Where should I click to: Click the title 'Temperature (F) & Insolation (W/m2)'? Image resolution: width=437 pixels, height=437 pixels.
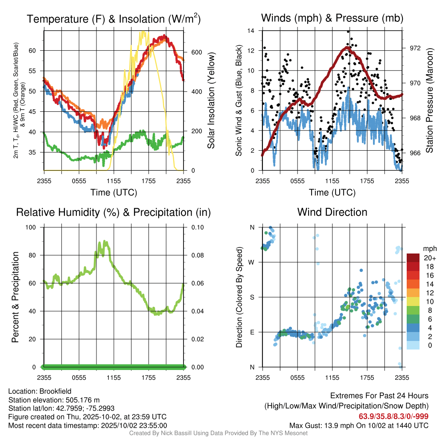pyautogui.click(x=114, y=19)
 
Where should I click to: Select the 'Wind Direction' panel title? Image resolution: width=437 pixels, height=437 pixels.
pyautogui.click(x=332, y=212)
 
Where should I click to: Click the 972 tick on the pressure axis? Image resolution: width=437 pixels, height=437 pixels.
pyautogui.click(x=415, y=48)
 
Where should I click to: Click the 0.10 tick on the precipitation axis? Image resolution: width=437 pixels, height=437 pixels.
pyautogui.click(x=196, y=227)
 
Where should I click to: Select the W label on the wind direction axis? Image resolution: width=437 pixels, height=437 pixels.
pyautogui.click(x=252, y=262)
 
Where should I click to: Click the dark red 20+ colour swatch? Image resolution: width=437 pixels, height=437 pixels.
pyautogui.click(x=414, y=258)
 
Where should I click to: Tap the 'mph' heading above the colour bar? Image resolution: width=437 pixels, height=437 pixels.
pyautogui.click(x=428, y=248)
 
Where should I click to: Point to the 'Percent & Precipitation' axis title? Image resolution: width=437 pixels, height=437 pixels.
pyautogui.click(x=15, y=297)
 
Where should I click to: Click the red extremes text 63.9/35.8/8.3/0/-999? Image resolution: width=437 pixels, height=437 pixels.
pyautogui.click(x=393, y=416)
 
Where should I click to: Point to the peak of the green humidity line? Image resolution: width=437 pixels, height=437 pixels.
pyautogui.click(x=104, y=241)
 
